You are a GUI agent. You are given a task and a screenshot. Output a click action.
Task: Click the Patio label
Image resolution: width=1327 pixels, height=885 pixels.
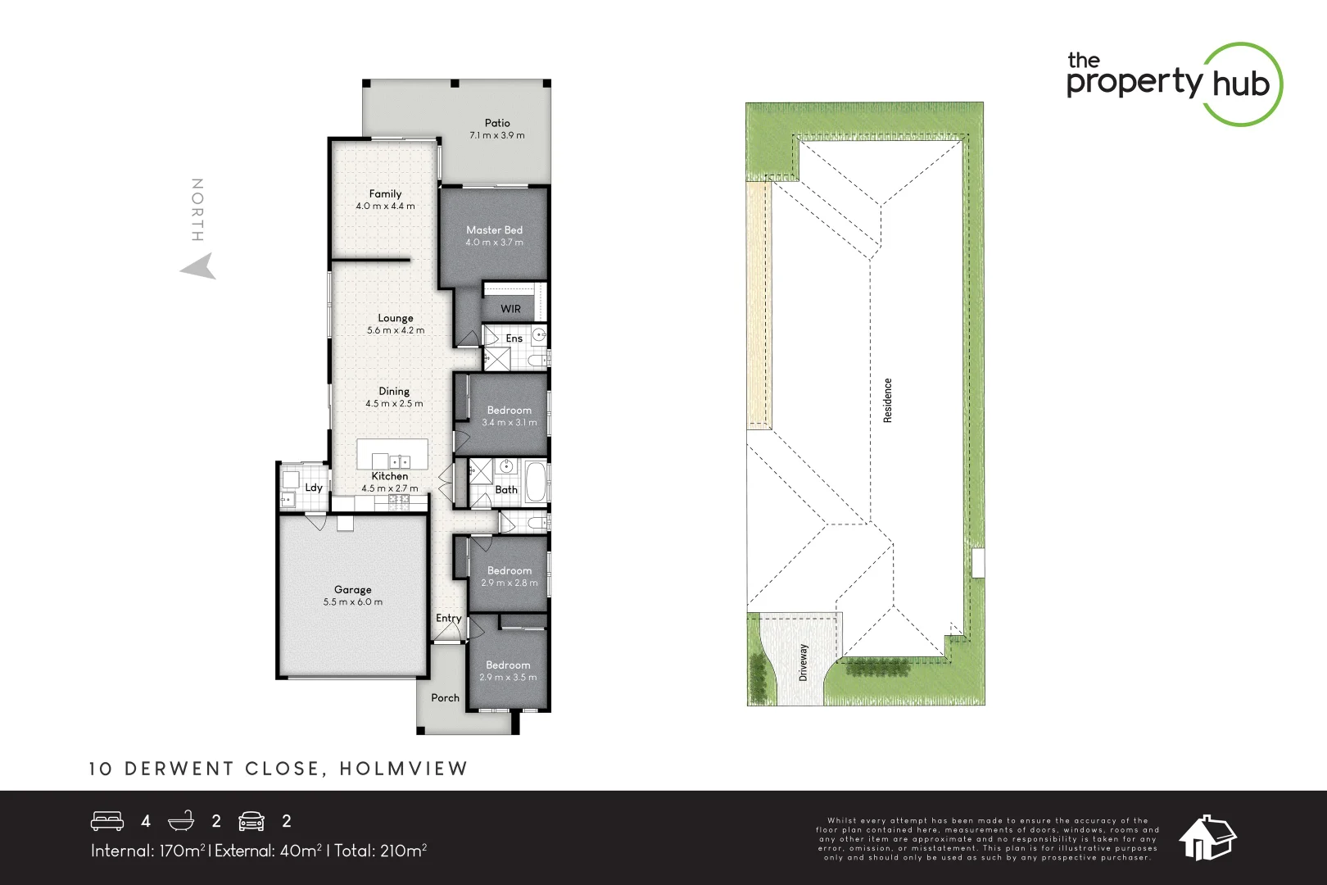(x=497, y=123)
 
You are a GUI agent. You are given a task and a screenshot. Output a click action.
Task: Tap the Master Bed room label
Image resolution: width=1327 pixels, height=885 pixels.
(x=494, y=230)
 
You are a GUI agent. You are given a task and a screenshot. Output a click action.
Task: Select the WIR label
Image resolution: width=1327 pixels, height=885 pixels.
(x=510, y=309)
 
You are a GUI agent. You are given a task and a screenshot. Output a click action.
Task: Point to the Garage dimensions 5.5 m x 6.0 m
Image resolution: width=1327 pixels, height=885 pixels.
(x=352, y=601)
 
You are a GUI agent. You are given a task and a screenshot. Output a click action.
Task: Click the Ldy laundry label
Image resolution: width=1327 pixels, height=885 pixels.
(x=314, y=487)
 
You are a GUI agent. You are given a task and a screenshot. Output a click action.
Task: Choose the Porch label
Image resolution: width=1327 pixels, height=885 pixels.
(x=445, y=697)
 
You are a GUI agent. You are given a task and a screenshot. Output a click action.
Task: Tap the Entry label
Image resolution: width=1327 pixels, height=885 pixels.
(x=448, y=618)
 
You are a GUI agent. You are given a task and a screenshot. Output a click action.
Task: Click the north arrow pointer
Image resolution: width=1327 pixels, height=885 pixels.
(x=199, y=267)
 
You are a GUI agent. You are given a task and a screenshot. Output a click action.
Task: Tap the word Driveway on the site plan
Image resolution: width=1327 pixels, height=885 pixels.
(x=803, y=661)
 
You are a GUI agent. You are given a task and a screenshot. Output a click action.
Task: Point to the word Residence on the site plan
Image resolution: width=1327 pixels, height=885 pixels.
(x=887, y=400)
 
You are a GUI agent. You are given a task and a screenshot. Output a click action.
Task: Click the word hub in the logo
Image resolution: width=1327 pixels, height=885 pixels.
(x=1240, y=84)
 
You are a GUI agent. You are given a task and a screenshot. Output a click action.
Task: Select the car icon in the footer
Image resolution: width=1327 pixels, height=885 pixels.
(x=251, y=821)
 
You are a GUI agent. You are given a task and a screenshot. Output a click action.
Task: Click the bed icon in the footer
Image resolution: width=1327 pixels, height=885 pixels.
(x=107, y=821)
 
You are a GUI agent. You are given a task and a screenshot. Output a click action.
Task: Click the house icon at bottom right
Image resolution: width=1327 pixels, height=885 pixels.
(x=1207, y=837)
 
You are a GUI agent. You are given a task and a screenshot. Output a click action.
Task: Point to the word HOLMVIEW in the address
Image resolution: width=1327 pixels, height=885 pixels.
(x=403, y=769)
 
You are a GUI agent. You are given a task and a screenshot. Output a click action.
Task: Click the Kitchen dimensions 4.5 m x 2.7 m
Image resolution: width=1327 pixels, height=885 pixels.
(x=390, y=488)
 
